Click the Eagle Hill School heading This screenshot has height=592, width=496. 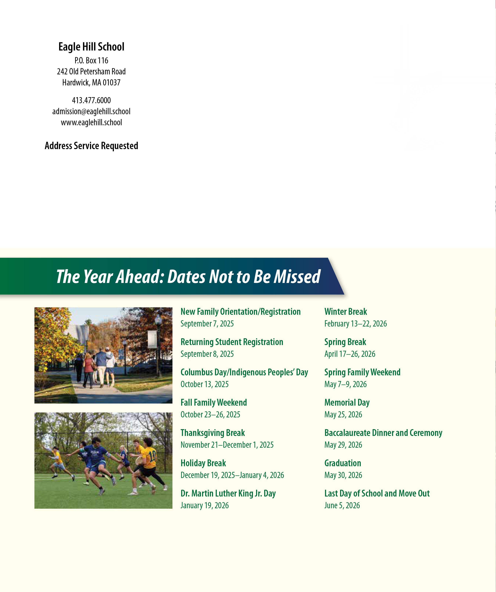pyautogui.click(x=91, y=47)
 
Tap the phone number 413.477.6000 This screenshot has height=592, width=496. pyautogui.click(x=91, y=100)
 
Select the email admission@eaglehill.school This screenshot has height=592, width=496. pyautogui.click(x=91, y=111)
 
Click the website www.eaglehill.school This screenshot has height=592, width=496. pyautogui.click(x=91, y=122)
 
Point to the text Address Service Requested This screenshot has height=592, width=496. pyautogui.click(x=91, y=146)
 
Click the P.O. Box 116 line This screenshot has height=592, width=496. pyautogui.click(x=91, y=60)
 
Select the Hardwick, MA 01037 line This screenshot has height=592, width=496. pyautogui.click(x=91, y=83)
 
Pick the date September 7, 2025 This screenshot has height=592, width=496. pyautogui.click(x=207, y=324)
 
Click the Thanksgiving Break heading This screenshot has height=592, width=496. pyautogui.click(x=213, y=433)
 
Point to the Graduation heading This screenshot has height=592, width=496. pyautogui.click(x=343, y=463)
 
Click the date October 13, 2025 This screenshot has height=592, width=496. pyautogui.click(x=204, y=384)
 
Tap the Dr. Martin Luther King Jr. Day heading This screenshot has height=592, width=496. pyautogui.click(x=228, y=493)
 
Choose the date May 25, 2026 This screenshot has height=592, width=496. pyautogui.click(x=343, y=414)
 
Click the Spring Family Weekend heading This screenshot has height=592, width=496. pyautogui.click(x=362, y=372)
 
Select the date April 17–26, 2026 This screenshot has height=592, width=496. pyautogui.click(x=350, y=354)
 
